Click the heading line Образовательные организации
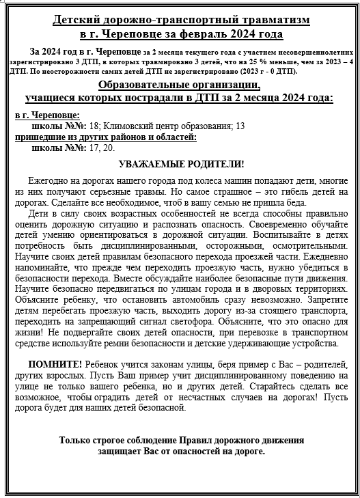(x=179, y=85)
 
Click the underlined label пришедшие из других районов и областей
(x=106, y=137)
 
